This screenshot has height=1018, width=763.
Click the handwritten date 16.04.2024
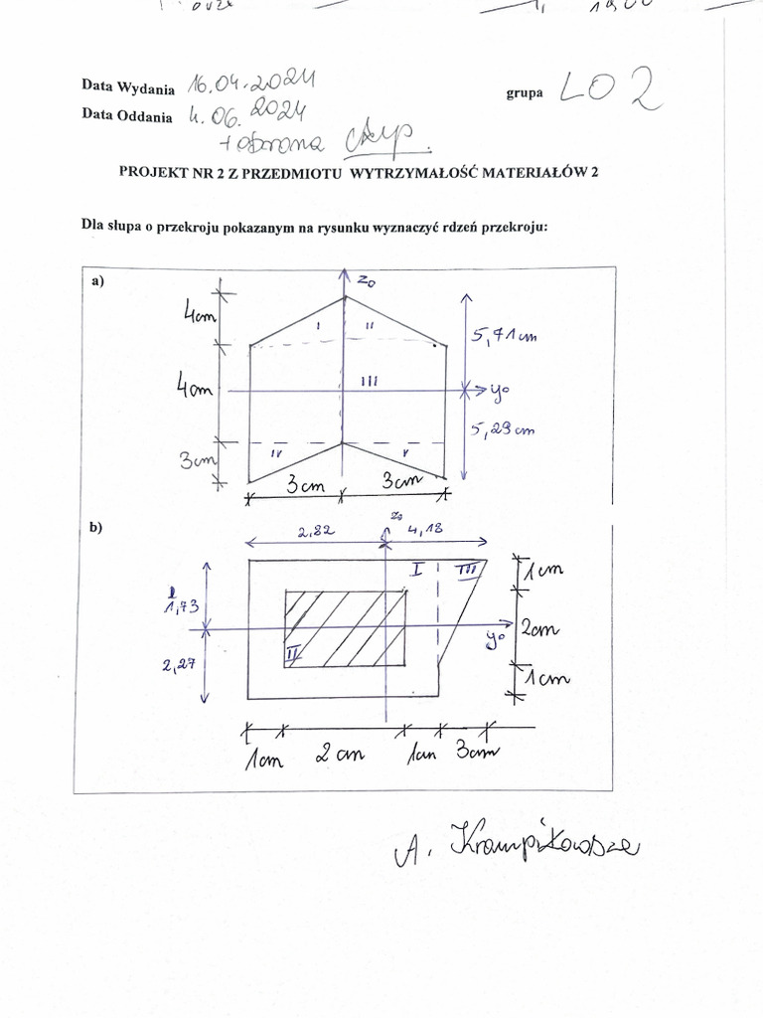click(250, 83)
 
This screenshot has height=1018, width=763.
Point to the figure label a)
click(97, 281)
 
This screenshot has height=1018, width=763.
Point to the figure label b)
click(96, 529)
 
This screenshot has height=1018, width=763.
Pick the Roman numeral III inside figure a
click(368, 380)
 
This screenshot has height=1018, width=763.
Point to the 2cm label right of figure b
click(541, 629)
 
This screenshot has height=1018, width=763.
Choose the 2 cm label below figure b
click(340, 755)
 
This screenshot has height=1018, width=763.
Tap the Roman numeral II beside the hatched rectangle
click(292, 653)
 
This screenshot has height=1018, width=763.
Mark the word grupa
click(524, 92)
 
